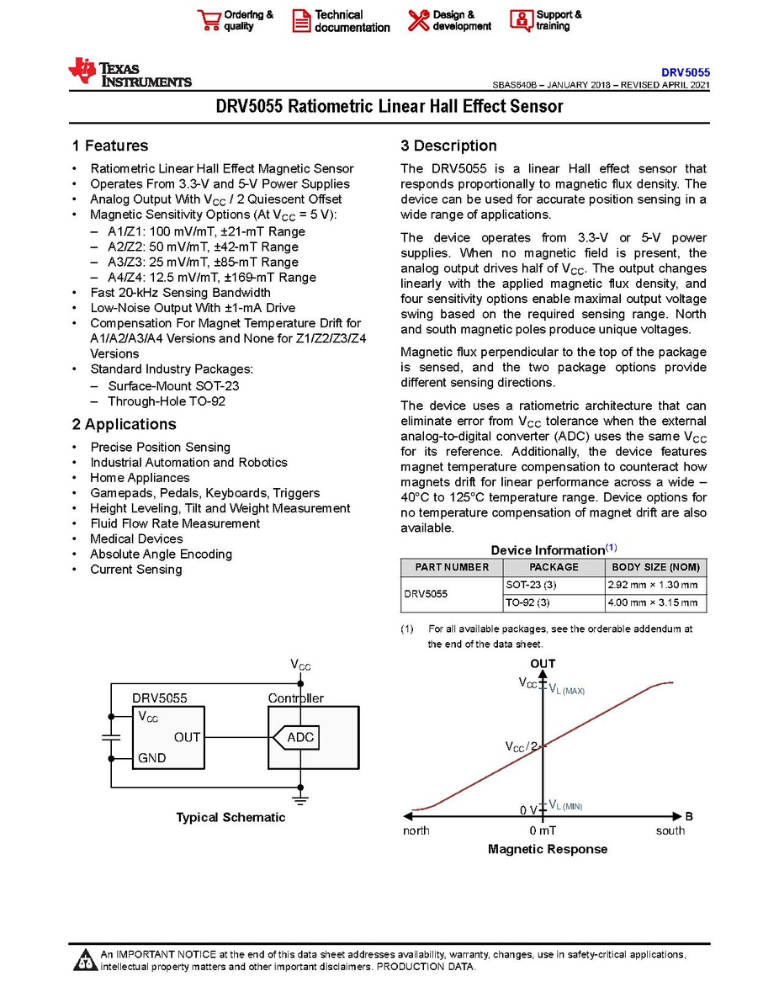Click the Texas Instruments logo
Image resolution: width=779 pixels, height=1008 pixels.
point(130,73)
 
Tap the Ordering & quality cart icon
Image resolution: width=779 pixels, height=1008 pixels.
point(209,20)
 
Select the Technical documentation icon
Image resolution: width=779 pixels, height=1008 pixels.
point(302,21)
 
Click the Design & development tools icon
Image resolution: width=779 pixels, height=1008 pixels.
point(418,20)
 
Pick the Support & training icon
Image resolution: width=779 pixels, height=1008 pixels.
point(522,20)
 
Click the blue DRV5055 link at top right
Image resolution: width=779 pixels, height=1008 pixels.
point(686,73)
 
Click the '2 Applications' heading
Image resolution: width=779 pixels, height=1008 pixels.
point(124,424)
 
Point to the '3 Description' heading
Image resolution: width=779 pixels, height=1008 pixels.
point(448,146)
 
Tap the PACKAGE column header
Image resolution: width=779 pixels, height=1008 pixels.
point(554,567)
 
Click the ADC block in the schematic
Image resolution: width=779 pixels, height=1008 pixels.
point(300,738)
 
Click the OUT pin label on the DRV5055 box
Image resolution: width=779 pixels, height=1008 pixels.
point(187,737)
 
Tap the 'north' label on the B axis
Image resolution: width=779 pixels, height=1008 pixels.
point(416,831)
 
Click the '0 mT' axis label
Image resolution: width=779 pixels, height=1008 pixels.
point(544,831)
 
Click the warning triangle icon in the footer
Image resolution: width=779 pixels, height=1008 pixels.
point(85,960)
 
